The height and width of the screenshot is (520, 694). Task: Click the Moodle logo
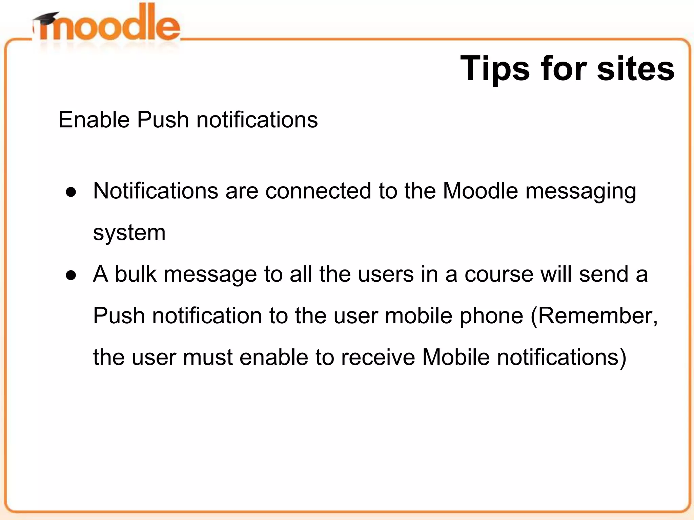click(x=107, y=25)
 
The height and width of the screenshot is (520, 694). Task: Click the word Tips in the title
click(x=494, y=69)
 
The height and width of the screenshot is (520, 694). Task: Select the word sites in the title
click(x=636, y=69)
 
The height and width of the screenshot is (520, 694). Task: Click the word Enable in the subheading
click(x=94, y=120)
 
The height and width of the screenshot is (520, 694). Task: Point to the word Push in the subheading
click(x=163, y=120)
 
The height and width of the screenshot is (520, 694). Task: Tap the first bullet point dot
click(x=71, y=192)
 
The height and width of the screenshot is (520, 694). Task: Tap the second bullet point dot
click(x=71, y=275)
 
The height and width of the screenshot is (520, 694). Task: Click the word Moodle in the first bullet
click(x=480, y=191)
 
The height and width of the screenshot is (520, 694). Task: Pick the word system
click(x=129, y=233)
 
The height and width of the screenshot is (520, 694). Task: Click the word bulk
click(x=136, y=274)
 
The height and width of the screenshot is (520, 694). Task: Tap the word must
click(x=208, y=357)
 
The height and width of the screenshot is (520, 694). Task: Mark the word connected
click(x=318, y=191)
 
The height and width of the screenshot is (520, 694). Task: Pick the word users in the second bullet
click(x=386, y=275)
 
